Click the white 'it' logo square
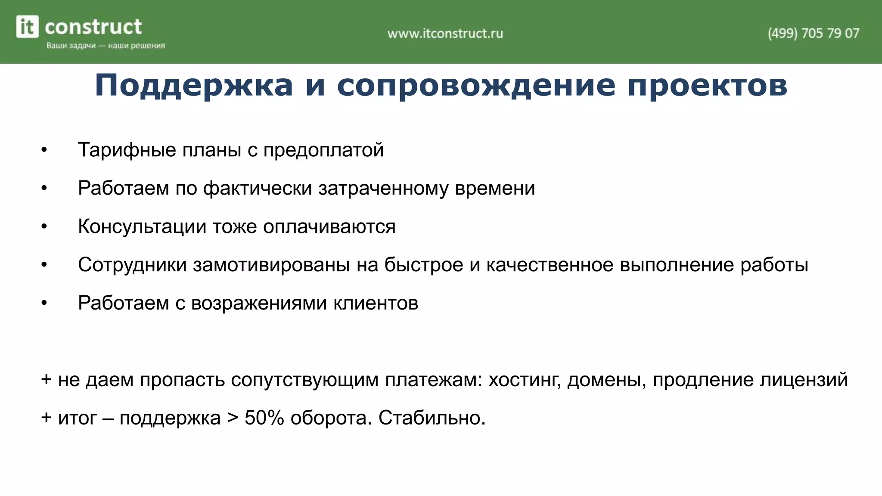27,27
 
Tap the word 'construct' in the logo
93,27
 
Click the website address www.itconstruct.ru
445,33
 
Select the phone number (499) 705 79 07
813,33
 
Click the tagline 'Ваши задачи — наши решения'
106,46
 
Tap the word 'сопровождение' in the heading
476,85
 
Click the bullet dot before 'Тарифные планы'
44,150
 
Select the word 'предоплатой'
323,150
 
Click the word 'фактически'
258,189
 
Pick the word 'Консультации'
142,227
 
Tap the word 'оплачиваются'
329,227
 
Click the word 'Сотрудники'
132,265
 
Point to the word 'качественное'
550,265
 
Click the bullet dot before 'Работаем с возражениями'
44,304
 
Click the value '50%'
264,418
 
